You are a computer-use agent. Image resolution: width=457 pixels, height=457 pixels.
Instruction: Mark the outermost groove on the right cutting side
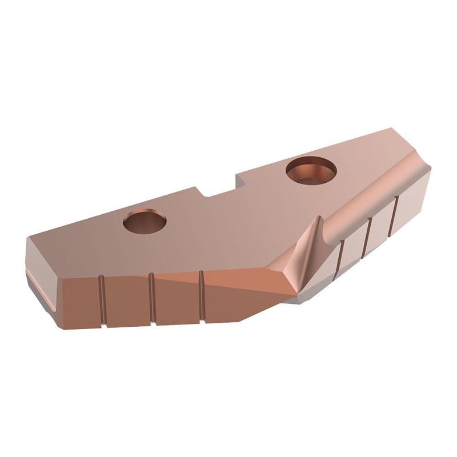coord(394,214)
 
